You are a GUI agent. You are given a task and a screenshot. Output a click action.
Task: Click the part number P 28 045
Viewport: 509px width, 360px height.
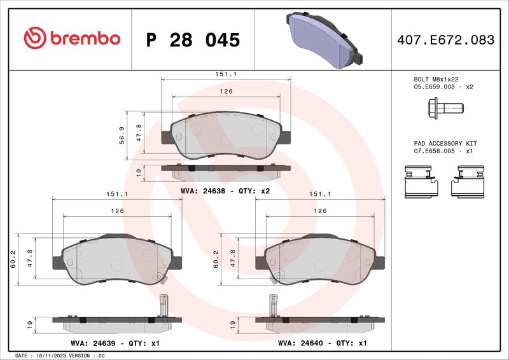tap(193, 40)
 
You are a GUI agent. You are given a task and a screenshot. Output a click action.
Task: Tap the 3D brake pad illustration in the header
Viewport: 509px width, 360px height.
tap(325, 39)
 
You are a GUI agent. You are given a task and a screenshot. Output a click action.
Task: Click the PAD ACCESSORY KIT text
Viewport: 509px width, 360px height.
tap(445, 144)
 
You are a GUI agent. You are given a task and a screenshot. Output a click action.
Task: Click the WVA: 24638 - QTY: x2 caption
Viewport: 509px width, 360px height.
tap(226, 190)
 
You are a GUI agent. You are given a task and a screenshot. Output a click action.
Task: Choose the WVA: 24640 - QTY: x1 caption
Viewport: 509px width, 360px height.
tap(323, 343)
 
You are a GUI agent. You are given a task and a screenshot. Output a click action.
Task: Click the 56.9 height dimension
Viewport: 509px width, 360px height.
tap(122, 136)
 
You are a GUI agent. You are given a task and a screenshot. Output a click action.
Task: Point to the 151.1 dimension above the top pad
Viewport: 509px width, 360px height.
tap(226, 74)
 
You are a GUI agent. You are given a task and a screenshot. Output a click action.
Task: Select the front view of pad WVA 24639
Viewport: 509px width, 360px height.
tap(114, 259)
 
